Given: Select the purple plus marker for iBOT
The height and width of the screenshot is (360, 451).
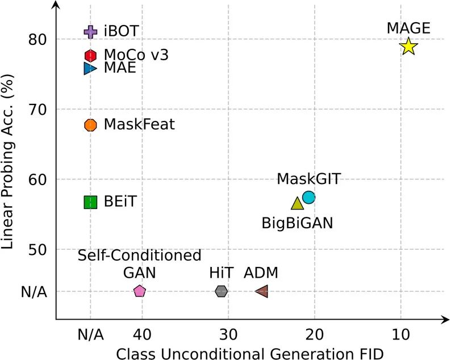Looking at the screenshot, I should [x=90, y=32].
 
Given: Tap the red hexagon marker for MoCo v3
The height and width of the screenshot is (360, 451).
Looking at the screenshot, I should [x=90, y=55].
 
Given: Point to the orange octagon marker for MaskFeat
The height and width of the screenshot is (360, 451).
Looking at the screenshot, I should [x=90, y=125].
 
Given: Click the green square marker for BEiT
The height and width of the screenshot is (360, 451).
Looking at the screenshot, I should [x=90, y=202].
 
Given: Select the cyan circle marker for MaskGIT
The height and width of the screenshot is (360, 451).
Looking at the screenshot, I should [x=308, y=197].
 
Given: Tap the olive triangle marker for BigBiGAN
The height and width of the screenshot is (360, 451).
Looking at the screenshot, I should [x=298, y=203].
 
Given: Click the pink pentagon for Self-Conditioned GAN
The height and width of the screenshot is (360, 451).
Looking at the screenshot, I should [x=140, y=291].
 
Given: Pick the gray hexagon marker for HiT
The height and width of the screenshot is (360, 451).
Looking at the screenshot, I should [x=222, y=291].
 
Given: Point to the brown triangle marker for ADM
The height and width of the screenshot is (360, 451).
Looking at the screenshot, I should [x=262, y=291].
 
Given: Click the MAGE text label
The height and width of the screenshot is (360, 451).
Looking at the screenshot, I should [x=408, y=27].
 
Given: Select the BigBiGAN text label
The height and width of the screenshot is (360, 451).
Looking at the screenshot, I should [x=297, y=222].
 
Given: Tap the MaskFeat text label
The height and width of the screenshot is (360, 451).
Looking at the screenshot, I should [x=139, y=125].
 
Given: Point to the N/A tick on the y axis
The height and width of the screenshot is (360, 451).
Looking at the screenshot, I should [x=34, y=292].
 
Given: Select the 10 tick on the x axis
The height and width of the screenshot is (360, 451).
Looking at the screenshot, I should [x=401, y=334].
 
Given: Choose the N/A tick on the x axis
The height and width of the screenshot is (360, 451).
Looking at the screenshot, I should [x=90, y=334].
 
